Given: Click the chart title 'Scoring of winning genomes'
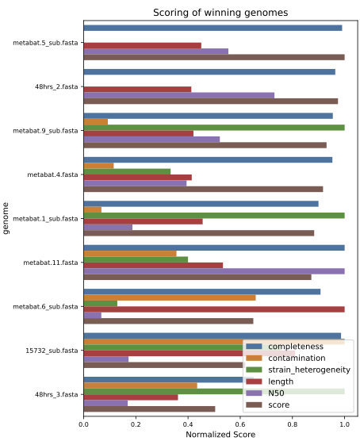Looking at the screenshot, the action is [x=220, y=13].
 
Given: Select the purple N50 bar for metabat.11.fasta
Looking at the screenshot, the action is [x=214, y=271].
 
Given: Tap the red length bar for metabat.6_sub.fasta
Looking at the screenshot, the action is [x=214, y=309].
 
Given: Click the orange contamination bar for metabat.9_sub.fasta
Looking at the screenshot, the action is [x=96, y=121].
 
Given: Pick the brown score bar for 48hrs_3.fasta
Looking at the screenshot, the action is [x=150, y=409].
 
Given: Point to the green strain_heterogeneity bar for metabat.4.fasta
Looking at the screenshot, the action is [x=127, y=171].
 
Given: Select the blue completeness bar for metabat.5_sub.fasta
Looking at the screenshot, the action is [x=213, y=28].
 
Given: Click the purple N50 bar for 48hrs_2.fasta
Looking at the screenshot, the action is [x=179, y=95].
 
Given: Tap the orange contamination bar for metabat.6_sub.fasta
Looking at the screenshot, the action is [x=170, y=297].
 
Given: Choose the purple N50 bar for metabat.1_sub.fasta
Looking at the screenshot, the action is [x=108, y=228].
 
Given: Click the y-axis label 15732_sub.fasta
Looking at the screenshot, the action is [x=52, y=351].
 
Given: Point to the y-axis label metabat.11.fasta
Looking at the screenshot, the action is [x=51, y=263].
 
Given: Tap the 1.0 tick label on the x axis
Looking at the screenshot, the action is [x=344, y=424].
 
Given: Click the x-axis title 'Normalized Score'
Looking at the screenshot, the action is [x=220, y=435].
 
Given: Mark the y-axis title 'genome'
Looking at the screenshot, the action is [x=6, y=218].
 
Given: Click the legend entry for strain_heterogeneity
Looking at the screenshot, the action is [x=298, y=370].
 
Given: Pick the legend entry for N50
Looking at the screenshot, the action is [x=265, y=393].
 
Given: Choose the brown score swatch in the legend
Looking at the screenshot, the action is [x=254, y=405].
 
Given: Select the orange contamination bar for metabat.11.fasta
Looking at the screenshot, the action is [x=130, y=254].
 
